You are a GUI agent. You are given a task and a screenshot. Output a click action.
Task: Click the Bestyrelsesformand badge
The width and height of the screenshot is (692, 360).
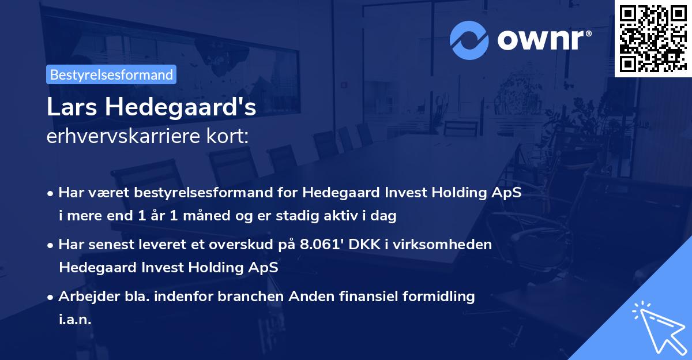(111, 74)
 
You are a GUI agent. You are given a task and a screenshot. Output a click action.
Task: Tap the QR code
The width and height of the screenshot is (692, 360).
(653, 38)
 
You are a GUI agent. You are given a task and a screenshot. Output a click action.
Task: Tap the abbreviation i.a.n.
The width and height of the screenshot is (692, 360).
(75, 319)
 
